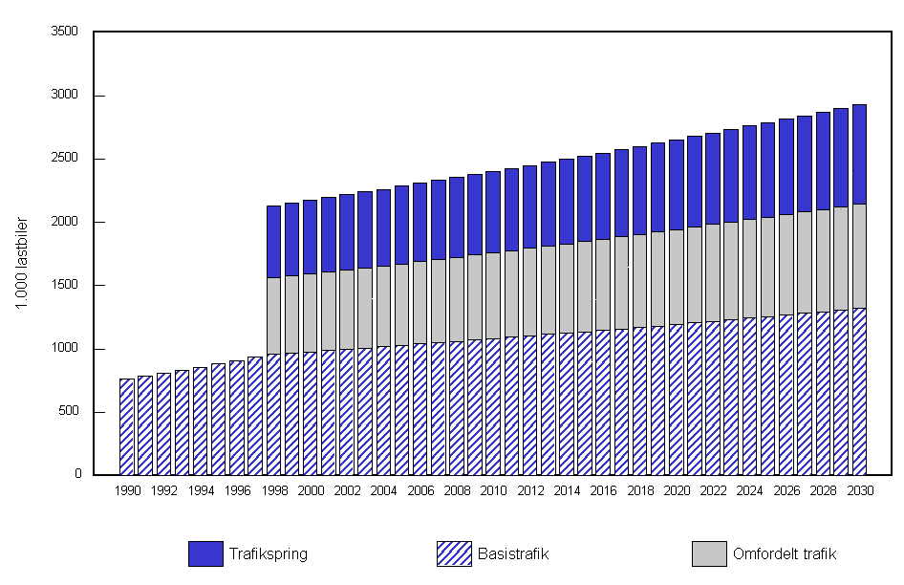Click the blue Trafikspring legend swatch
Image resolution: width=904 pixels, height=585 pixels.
point(205,553)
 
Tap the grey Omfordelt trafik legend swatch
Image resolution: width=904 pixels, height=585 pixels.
point(708,553)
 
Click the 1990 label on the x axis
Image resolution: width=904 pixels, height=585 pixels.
point(127,490)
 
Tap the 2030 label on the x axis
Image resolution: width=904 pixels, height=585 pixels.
point(860,490)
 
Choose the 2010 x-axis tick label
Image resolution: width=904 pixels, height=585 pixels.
point(494,490)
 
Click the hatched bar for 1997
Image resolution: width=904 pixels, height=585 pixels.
point(255,416)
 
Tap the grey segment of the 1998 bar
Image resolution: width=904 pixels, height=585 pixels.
point(273,315)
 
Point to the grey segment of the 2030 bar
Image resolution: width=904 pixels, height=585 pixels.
point(860,255)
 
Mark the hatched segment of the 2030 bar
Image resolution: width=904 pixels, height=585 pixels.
point(860,391)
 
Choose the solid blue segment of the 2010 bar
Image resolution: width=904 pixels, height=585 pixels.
point(494,211)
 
